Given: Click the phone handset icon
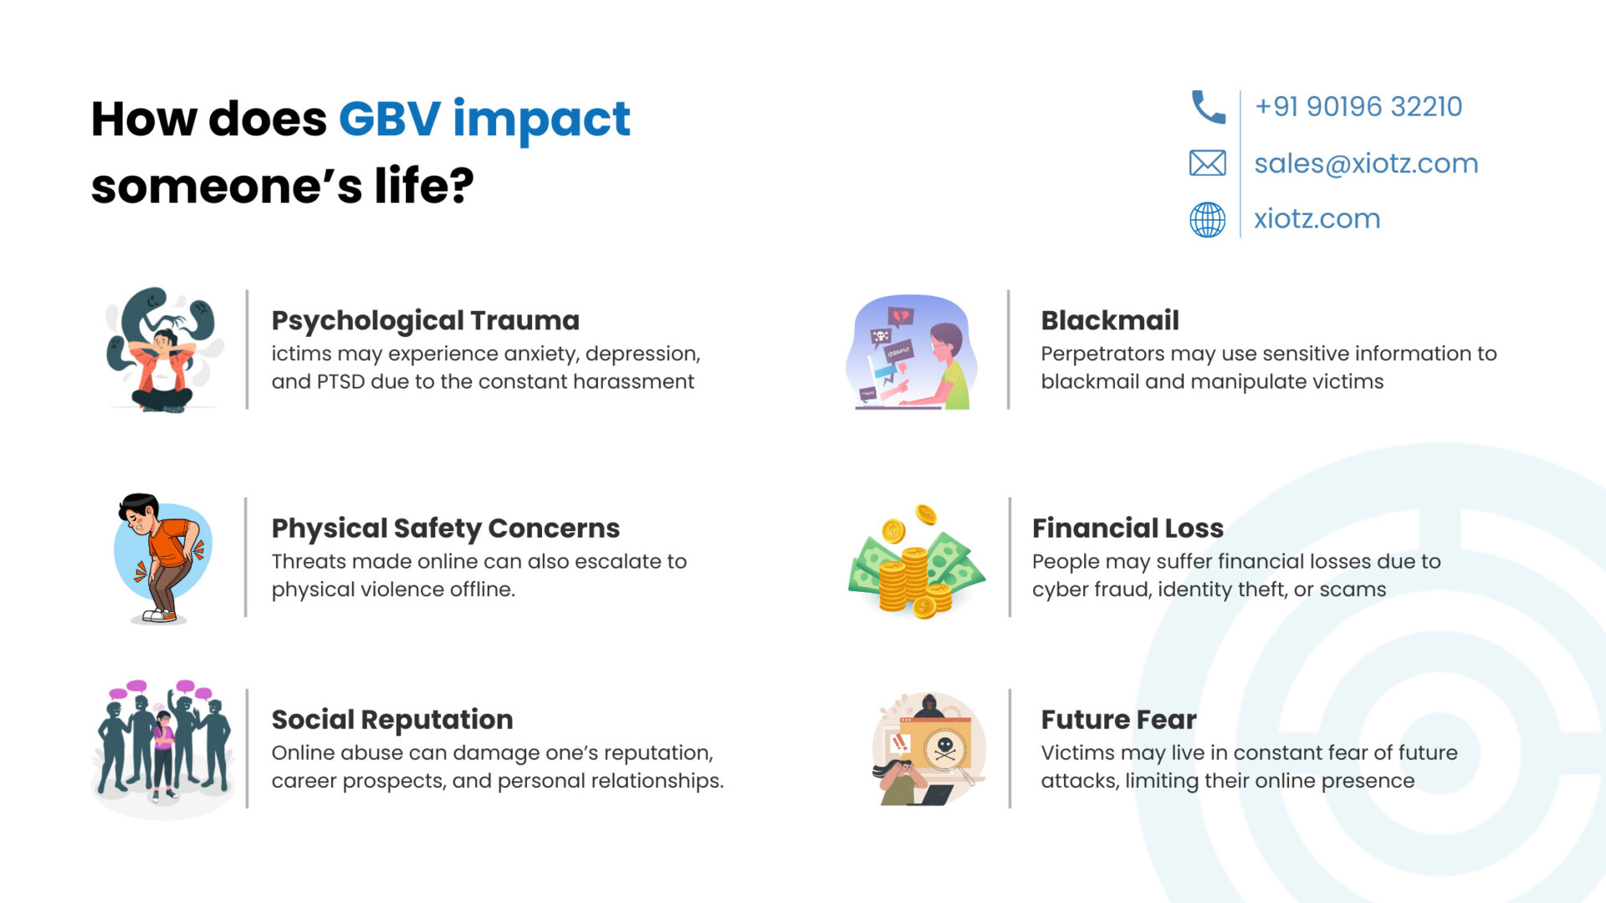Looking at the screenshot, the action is pyautogui.click(x=1208, y=107).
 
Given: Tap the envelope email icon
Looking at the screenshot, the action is pyautogui.click(x=1207, y=163).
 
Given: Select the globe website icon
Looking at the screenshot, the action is pyautogui.click(x=1207, y=219).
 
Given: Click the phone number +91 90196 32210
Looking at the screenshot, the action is pyautogui.click(x=1358, y=106).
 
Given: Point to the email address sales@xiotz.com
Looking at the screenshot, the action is pyautogui.click(x=1366, y=163).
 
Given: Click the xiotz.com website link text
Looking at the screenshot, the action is pyautogui.click(x=1317, y=218).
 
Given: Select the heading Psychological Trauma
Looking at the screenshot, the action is pyautogui.click(x=425, y=320).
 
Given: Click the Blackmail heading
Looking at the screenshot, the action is pyautogui.click(x=1110, y=320).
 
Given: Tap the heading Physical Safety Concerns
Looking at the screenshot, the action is pyautogui.click(x=445, y=528).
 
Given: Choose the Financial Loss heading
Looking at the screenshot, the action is pyautogui.click(x=1128, y=528).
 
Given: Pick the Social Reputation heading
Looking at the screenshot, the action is pyautogui.click(x=391, y=720).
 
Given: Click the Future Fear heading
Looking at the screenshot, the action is pyautogui.click(x=1118, y=720).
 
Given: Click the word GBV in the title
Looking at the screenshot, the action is pyautogui.click(x=389, y=119).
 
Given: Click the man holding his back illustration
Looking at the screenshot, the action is pyautogui.click(x=161, y=558).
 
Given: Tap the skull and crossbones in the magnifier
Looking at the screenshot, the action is pyautogui.click(x=945, y=748).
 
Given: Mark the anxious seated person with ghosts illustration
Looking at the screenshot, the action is pyautogui.click(x=163, y=350).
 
